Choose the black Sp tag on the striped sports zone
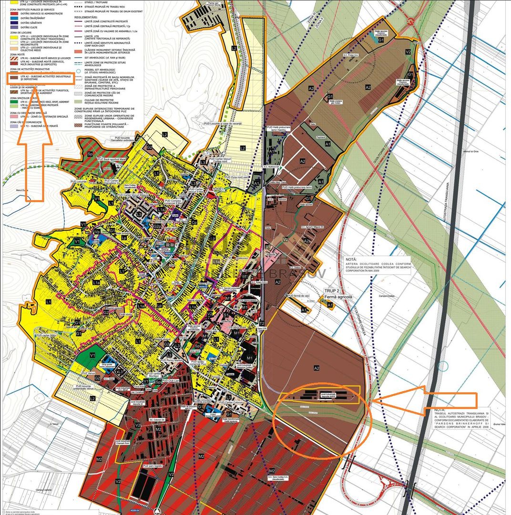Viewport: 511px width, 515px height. [89, 154]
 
